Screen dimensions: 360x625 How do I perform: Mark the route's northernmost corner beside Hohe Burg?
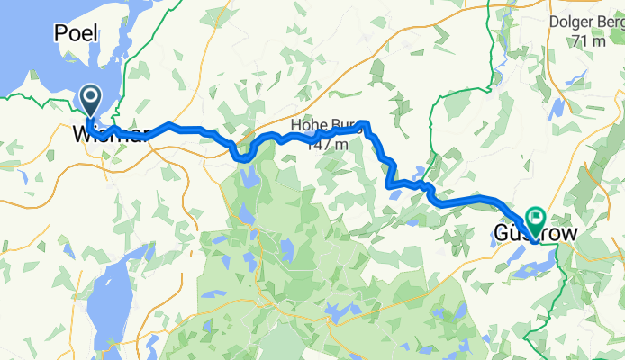tap(364, 121)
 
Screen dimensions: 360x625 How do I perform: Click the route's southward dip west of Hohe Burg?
tap(242, 158)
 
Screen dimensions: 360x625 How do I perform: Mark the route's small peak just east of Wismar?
tap(168, 123)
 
